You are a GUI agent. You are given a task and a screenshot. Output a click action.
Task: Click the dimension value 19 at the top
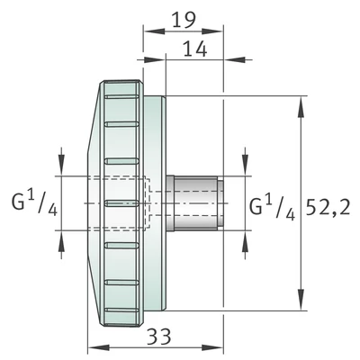(x=184, y=19)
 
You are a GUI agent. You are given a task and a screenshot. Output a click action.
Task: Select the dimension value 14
(x=194, y=49)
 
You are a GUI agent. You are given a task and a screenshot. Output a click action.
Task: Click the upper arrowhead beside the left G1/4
(x=60, y=165)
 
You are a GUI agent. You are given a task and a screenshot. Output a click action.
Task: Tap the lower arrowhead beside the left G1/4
(x=60, y=240)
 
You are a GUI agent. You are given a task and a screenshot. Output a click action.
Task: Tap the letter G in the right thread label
(x=256, y=207)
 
